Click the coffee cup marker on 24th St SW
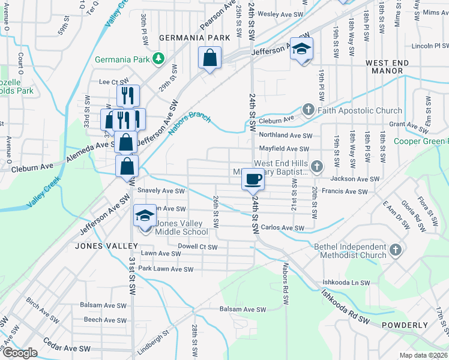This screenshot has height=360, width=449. [253, 179]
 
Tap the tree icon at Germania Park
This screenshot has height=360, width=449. [158, 59]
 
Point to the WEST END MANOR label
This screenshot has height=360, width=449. [388, 67]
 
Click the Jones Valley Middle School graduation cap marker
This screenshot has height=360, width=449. [145, 216]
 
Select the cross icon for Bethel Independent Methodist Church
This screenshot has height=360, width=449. [395, 251]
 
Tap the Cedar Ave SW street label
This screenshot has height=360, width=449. [67, 348]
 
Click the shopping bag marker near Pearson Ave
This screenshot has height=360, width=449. [210, 59]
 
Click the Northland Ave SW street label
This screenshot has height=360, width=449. [286, 136]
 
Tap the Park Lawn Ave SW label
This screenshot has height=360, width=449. [166, 269]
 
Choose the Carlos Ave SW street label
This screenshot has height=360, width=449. [283, 228]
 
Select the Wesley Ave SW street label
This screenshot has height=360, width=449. [279, 13]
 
